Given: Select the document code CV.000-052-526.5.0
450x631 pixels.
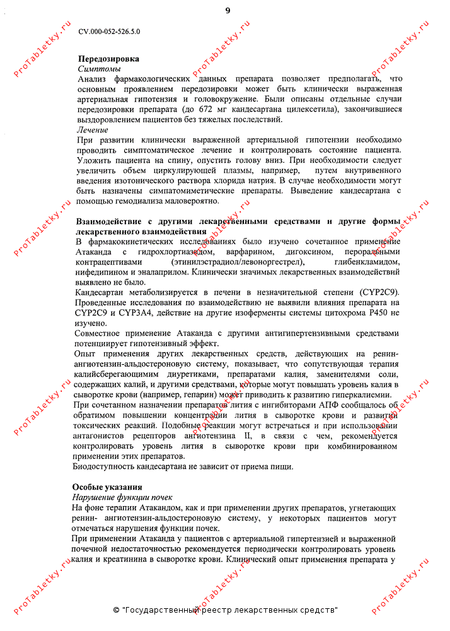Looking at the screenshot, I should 110,31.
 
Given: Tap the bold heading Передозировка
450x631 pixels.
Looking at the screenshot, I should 108,59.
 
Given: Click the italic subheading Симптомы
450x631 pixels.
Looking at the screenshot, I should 99,68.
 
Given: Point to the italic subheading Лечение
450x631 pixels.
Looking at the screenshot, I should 92,130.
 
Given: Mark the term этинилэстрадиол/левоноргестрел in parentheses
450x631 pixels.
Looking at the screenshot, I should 238,262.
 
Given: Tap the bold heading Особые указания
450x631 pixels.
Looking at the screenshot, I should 107,487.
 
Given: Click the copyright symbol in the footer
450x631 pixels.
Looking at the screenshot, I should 117,610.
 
